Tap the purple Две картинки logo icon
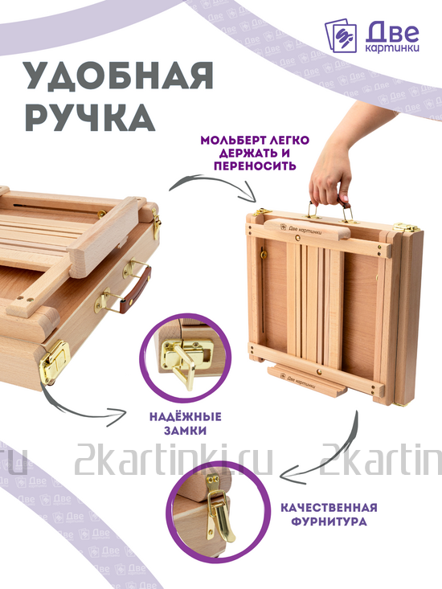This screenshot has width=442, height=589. tap(341, 36)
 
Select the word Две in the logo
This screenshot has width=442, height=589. tap(392, 31)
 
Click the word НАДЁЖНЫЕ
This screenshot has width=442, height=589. tap(186, 417)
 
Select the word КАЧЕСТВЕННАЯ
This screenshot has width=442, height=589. tap(329, 508)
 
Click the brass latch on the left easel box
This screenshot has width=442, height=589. tap(54, 362)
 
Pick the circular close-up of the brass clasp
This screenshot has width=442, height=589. tap(211, 511)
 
